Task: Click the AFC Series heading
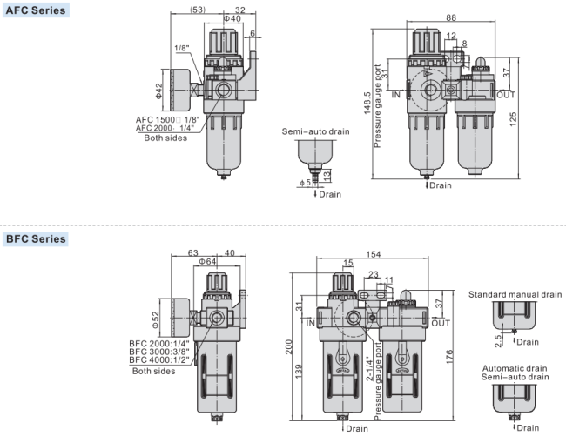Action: pos(36,10)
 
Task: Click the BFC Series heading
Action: pos(36,238)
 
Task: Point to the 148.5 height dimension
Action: pos(367,104)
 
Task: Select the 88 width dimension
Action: pos(451,17)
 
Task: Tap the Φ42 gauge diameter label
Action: pos(159,91)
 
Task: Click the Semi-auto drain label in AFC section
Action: pos(315,131)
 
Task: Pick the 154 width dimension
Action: pos(373,254)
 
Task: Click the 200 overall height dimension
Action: pos(289,347)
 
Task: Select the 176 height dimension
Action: pos(449,357)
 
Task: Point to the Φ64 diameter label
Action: pos(207,261)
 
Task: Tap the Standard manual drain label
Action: pos(515,294)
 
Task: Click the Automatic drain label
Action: pos(515,368)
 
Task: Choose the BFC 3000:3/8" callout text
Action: pos(159,352)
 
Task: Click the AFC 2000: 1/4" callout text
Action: pos(165,128)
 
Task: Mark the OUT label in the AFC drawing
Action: pos(506,95)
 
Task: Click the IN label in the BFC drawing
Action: pos(311,323)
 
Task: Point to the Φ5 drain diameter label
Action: pos(306,183)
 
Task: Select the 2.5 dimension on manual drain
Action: pos(498,341)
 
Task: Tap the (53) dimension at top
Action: pos(198,10)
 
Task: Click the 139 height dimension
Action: pos(299,372)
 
